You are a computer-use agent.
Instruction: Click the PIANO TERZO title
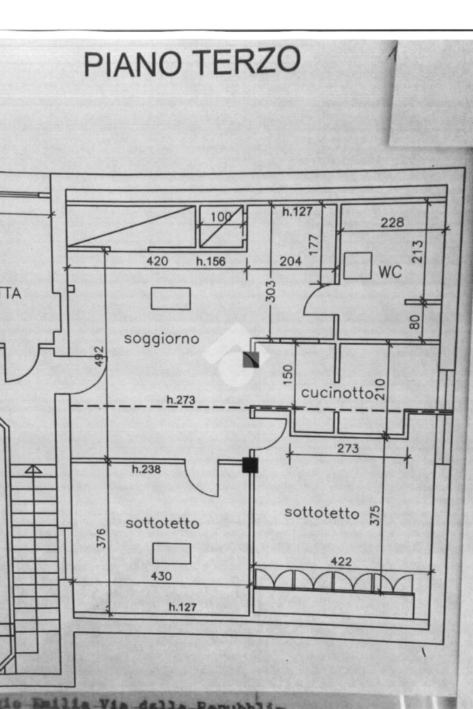[192, 62]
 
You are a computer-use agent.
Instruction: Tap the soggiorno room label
[161, 339]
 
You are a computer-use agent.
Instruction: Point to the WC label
[391, 272]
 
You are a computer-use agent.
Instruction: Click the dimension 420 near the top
[158, 261]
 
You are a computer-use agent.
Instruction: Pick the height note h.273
[180, 400]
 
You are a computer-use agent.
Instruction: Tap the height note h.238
[146, 469]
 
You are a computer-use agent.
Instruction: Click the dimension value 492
[99, 356]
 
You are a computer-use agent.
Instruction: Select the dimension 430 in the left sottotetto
[161, 576]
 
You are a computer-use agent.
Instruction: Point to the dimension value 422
[340, 561]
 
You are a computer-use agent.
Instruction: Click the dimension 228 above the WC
[392, 222]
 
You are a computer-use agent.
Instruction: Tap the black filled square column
[250, 465]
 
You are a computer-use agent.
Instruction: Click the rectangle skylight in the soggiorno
[170, 299]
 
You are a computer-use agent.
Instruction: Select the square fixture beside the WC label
[357, 266]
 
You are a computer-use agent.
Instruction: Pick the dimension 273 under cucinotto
[348, 448]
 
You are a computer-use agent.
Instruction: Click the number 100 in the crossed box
[220, 217]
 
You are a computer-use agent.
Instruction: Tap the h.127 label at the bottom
[184, 607]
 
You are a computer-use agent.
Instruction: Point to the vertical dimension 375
[375, 514]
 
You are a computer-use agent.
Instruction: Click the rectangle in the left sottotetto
[171, 554]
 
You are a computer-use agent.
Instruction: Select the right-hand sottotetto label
[322, 513]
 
